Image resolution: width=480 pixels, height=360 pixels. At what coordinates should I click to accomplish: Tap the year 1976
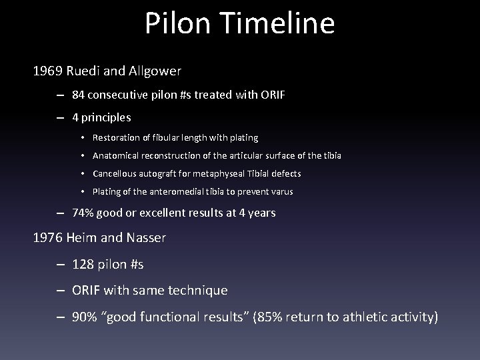47,238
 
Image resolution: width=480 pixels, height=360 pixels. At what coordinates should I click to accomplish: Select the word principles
107,117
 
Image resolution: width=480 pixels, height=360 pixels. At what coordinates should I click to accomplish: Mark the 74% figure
84,213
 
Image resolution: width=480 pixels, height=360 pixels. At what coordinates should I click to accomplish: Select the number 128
84,265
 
